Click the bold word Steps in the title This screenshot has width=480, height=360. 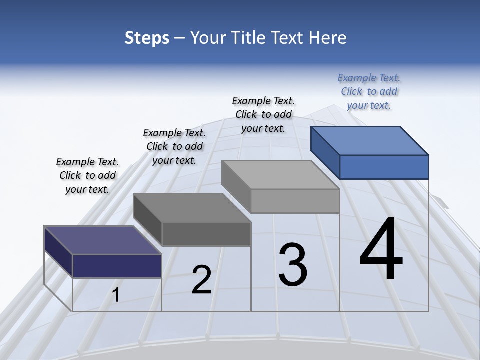tap(147, 38)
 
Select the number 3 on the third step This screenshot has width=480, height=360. tap(293, 264)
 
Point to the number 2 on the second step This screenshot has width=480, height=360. tap(201, 280)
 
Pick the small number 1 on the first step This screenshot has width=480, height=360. tap(115, 295)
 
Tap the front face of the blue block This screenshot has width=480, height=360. tap(384, 167)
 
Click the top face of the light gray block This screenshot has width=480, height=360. tap(280, 174)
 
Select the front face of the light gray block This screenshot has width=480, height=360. tap(295, 201)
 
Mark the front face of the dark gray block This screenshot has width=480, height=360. tap(206, 234)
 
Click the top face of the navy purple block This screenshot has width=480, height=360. tap(102, 240)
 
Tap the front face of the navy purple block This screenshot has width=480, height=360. tap(117, 266)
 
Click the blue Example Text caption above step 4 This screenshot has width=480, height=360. tap(369, 91)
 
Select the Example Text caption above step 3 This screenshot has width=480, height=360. tap(263, 114)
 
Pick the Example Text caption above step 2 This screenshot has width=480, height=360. tap(174, 146)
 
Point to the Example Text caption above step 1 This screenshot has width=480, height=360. tap(87, 175)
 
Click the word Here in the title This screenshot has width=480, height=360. tap(328, 38)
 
